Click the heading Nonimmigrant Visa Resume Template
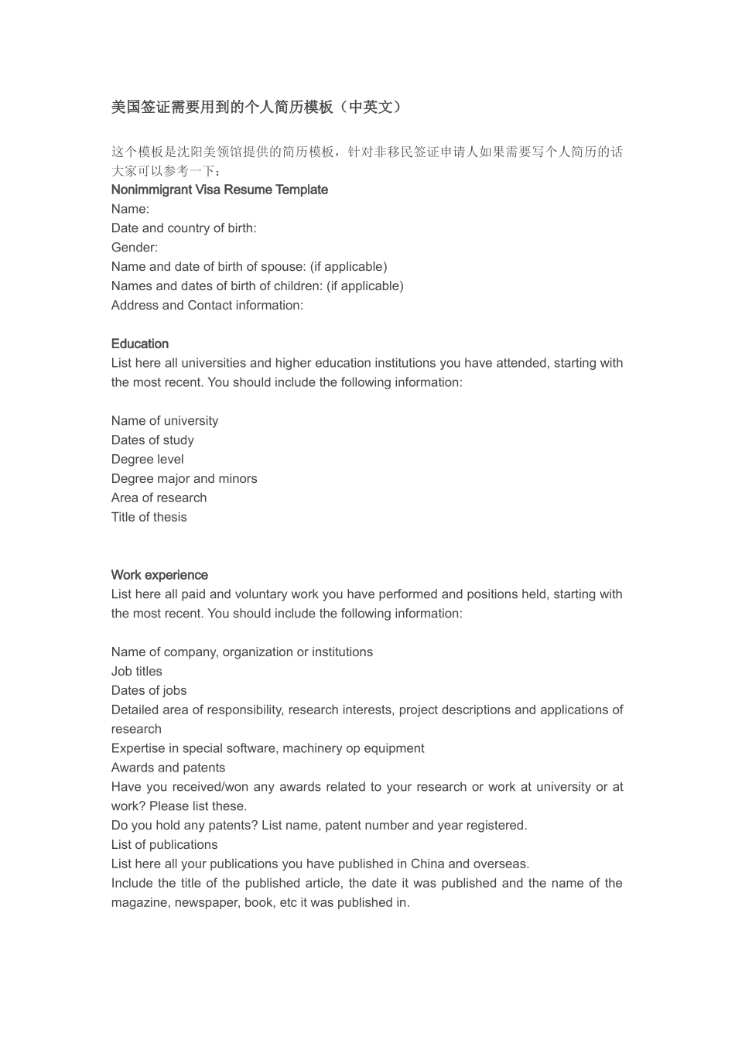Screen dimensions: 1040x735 [219, 190]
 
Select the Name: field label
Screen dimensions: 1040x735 [130, 209]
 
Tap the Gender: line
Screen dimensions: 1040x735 [134, 248]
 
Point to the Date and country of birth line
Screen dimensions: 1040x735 [183, 228]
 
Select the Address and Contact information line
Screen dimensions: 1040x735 [207, 306]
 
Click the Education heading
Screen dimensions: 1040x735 [139, 344]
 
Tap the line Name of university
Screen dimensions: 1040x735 [164, 421]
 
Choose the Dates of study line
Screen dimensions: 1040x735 [152, 440]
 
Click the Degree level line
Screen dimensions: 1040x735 [147, 460]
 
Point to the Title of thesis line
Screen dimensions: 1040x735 [149, 517]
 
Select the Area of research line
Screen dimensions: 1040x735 [159, 498]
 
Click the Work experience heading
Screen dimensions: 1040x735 [159, 575]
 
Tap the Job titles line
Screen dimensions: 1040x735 [136, 672]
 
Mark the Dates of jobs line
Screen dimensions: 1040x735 [149, 691]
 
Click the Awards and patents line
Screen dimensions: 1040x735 [168, 768]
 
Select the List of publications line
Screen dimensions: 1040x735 [164, 845]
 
